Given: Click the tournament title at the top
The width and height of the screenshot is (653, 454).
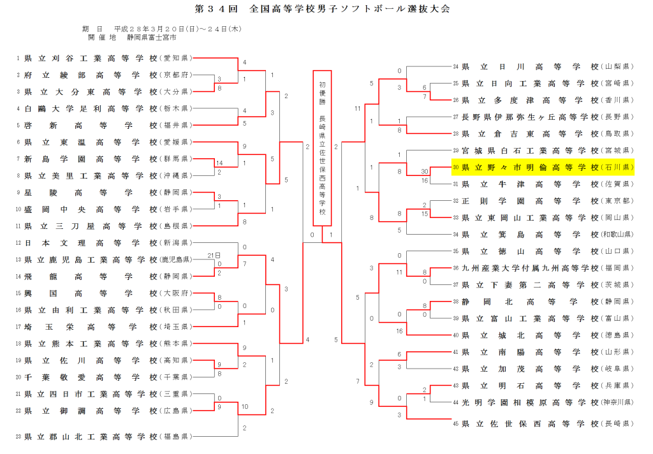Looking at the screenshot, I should (326, 9).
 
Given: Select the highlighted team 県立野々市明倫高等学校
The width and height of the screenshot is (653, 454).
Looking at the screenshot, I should (529, 167).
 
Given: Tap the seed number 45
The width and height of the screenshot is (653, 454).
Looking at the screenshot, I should (455, 423).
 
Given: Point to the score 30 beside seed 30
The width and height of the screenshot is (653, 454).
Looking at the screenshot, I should (424, 172).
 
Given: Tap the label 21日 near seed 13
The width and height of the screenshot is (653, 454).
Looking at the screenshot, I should (213, 255).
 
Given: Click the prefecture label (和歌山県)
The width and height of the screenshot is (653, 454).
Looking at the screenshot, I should (615, 234).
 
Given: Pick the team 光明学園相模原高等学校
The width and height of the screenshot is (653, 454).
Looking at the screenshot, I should (529, 402).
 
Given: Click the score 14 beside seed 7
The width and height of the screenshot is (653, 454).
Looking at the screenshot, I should (219, 163).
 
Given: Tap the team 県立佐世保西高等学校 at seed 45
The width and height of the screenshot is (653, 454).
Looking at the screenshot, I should (529, 423).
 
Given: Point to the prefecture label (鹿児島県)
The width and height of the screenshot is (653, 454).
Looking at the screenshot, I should (175, 260).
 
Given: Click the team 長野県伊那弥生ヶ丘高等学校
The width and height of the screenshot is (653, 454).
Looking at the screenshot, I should (529, 117).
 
